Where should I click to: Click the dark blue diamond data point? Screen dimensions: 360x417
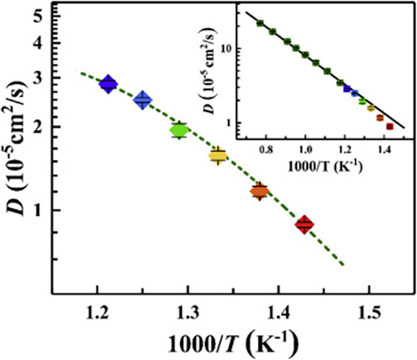tap(108, 84)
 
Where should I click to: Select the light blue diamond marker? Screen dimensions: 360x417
tap(143, 100)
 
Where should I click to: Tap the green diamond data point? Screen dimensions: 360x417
tap(179, 130)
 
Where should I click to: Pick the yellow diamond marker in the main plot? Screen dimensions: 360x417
tap(218, 155)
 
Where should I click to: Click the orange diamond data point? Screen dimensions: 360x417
tap(259, 191)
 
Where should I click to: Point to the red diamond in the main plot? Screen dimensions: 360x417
tap(304, 224)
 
